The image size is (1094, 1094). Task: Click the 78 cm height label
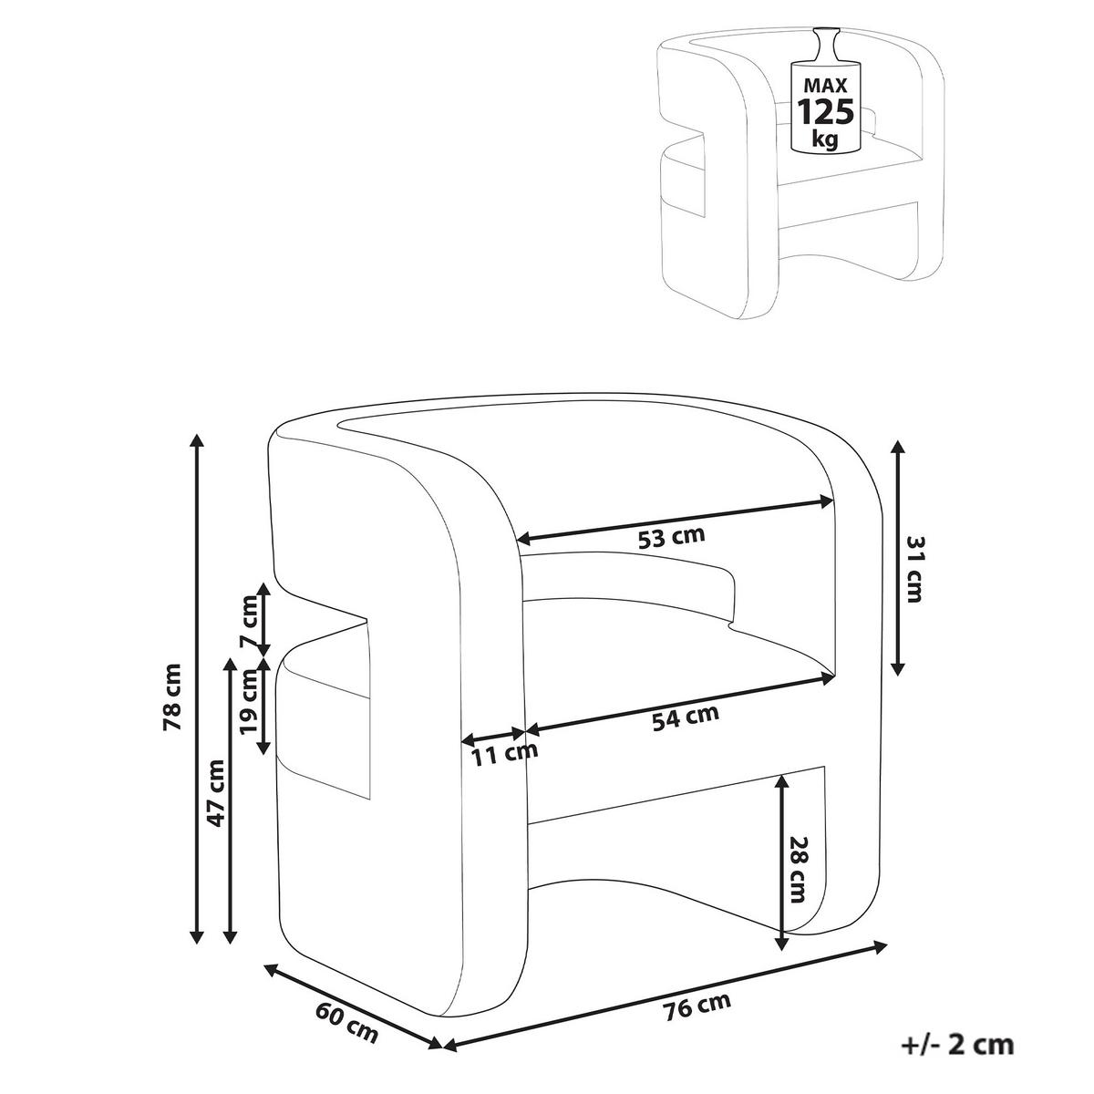171,696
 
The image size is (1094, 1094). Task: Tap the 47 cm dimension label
216,792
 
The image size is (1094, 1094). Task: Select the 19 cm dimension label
248,702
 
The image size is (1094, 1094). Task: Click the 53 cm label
672,537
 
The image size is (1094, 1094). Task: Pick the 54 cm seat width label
686,717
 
